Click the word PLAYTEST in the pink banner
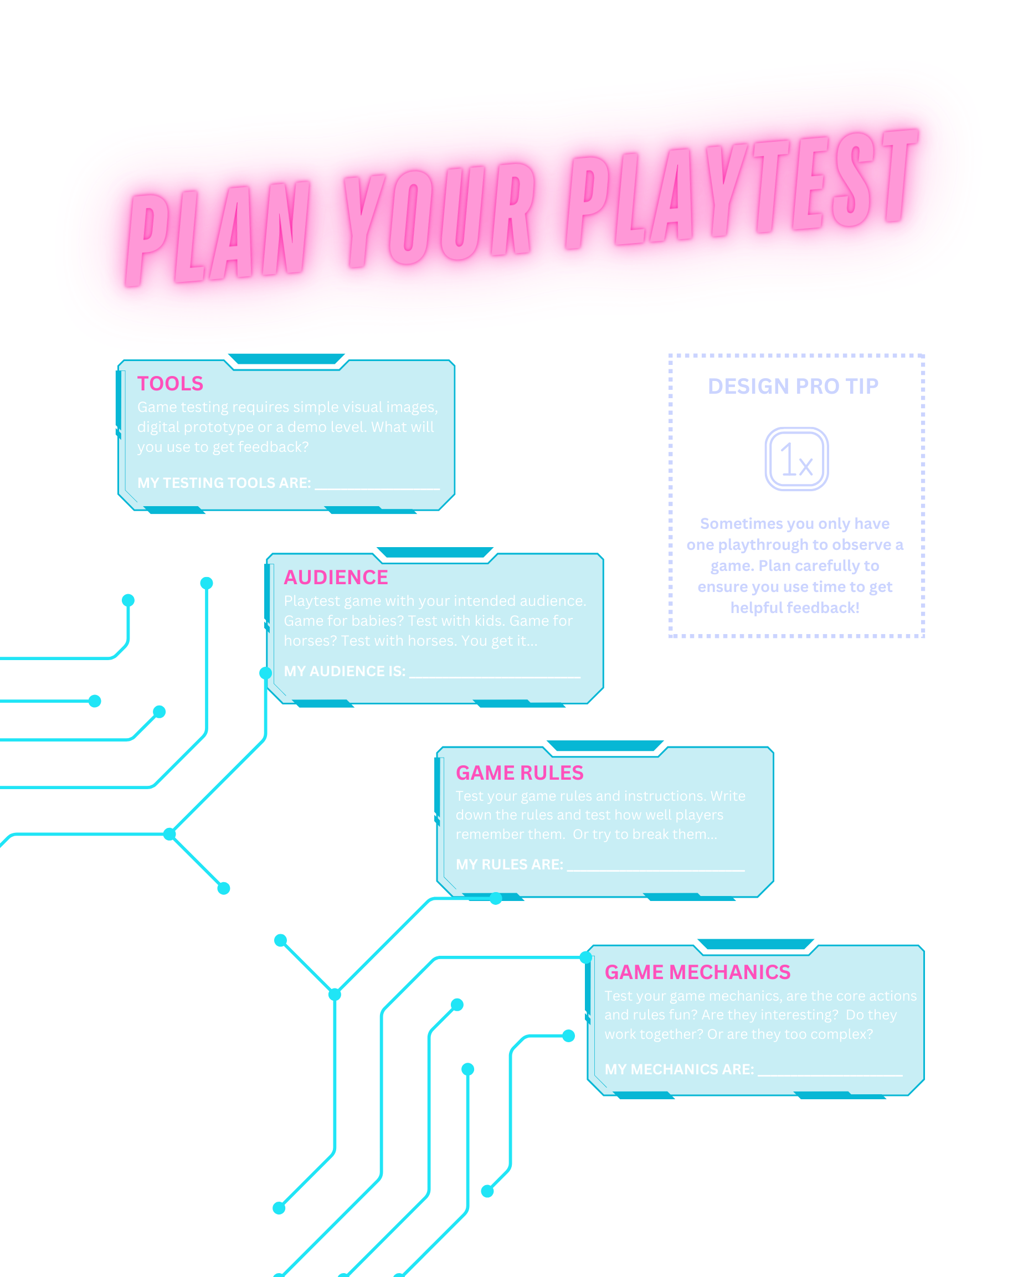click(x=741, y=189)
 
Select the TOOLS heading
click(x=170, y=383)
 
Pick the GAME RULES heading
click(x=519, y=773)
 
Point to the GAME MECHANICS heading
click(x=697, y=972)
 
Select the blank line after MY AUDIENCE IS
click(x=495, y=674)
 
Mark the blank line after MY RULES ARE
click(x=655, y=867)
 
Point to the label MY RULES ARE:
click(x=509, y=864)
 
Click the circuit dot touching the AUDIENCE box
click(x=265, y=673)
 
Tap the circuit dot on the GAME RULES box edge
click(x=495, y=899)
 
